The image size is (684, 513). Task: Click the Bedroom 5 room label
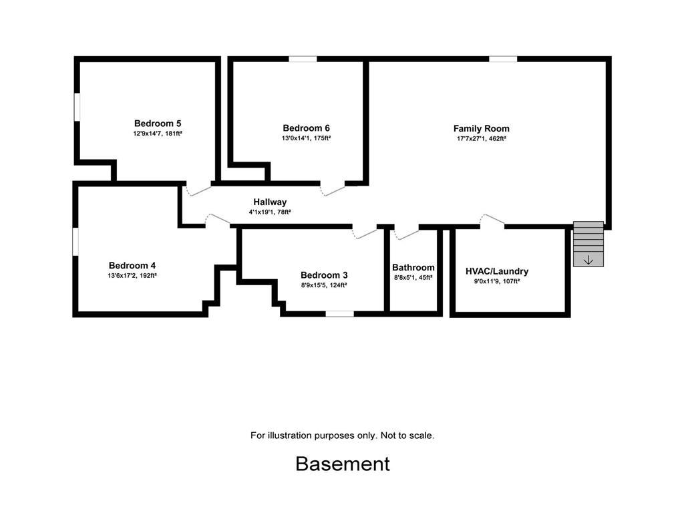[158, 124]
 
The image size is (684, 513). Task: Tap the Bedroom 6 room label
[306, 128]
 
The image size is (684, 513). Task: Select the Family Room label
[481, 129]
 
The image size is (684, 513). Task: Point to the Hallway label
[270, 202]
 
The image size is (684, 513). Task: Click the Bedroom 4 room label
[132, 266]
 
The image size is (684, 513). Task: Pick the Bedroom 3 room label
[324, 275]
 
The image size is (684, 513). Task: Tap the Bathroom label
[413, 267]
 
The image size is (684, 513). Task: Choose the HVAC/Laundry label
[497, 271]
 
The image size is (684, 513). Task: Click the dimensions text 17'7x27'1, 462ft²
[481, 139]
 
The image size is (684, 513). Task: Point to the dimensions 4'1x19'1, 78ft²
[270, 212]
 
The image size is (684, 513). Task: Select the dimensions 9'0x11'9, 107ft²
[497, 281]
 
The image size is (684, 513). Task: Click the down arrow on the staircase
[588, 260]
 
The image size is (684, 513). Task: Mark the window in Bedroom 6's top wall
[303, 59]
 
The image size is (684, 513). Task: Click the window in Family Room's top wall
[503, 59]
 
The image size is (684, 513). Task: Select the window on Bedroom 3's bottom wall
[340, 314]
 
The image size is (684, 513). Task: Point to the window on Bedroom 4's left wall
[75, 241]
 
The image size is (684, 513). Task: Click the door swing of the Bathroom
[406, 234]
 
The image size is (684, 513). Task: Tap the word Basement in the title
[343, 464]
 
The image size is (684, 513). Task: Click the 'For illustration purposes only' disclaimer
[343, 436]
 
